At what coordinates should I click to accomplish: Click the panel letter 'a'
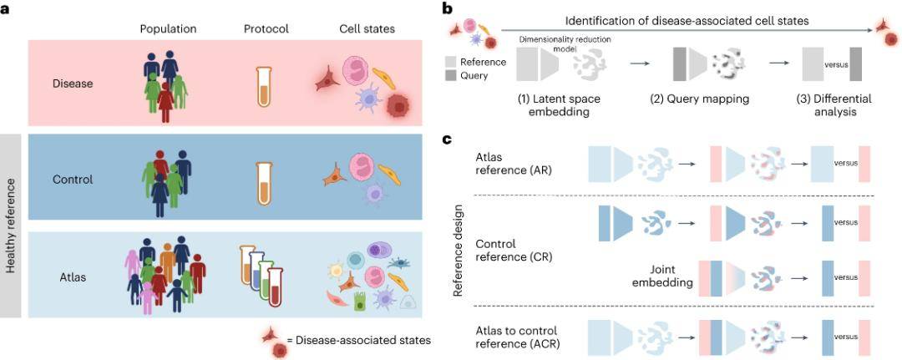7,10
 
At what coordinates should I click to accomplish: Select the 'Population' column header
169,28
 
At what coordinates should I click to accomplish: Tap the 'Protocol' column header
266,28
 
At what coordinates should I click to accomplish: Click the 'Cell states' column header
367,28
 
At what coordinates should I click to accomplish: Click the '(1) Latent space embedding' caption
560,105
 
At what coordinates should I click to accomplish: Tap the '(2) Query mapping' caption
700,99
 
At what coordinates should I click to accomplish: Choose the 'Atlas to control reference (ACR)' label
516,337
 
